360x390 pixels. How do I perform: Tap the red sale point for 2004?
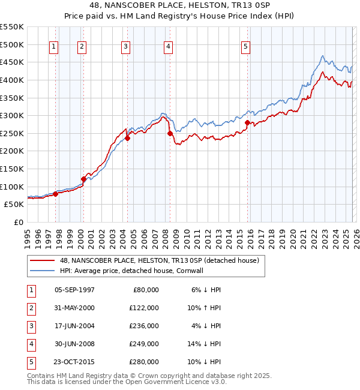point(128,138)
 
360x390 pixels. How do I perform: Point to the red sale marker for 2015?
point(247,122)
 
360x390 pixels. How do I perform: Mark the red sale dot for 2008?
point(170,133)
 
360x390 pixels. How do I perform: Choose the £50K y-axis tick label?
point(14,204)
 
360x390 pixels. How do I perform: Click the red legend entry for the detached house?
point(158,260)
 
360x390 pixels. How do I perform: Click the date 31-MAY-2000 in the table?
point(74,308)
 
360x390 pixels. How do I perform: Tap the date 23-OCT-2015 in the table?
point(74,362)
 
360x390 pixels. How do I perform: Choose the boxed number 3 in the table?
point(29,326)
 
